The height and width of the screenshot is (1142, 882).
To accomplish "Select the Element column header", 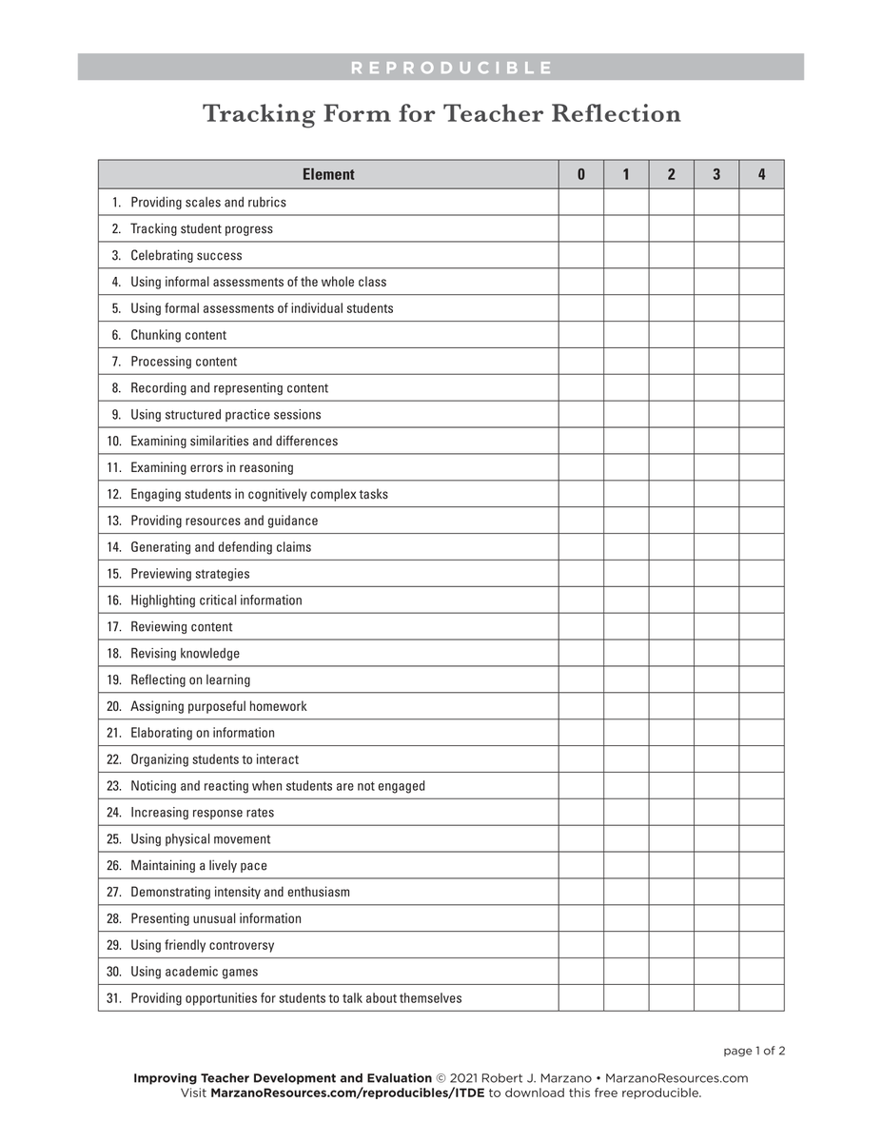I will click(x=328, y=174).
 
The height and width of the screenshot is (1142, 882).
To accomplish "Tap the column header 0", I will click(x=580, y=174).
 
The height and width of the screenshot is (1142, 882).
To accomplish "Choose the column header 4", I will click(x=761, y=174).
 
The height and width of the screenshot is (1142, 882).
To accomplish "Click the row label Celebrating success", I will click(x=186, y=255).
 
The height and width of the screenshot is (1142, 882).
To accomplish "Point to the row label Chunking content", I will click(x=179, y=335).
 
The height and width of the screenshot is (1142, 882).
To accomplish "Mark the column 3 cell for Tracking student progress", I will click(x=716, y=228).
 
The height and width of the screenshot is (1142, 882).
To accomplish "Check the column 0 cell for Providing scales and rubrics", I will click(x=580, y=202).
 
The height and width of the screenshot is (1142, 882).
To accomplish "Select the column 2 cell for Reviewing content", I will click(x=671, y=626).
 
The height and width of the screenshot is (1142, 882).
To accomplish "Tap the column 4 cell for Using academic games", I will click(x=761, y=972).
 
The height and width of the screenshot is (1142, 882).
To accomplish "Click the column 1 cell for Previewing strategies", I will click(x=626, y=574).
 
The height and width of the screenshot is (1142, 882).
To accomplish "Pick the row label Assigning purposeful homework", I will click(x=219, y=706).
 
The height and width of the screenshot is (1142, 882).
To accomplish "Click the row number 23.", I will click(x=114, y=786).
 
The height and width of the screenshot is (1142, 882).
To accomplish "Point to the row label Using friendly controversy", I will click(x=202, y=945).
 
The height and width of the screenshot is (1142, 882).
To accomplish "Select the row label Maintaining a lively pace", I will click(x=199, y=866).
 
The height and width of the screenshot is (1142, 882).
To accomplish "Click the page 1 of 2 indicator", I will click(x=754, y=1051).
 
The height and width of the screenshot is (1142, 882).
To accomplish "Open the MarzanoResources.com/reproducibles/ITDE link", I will click(x=347, y=1093).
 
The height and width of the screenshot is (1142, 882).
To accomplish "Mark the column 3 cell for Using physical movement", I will click(x=716, y=839).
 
